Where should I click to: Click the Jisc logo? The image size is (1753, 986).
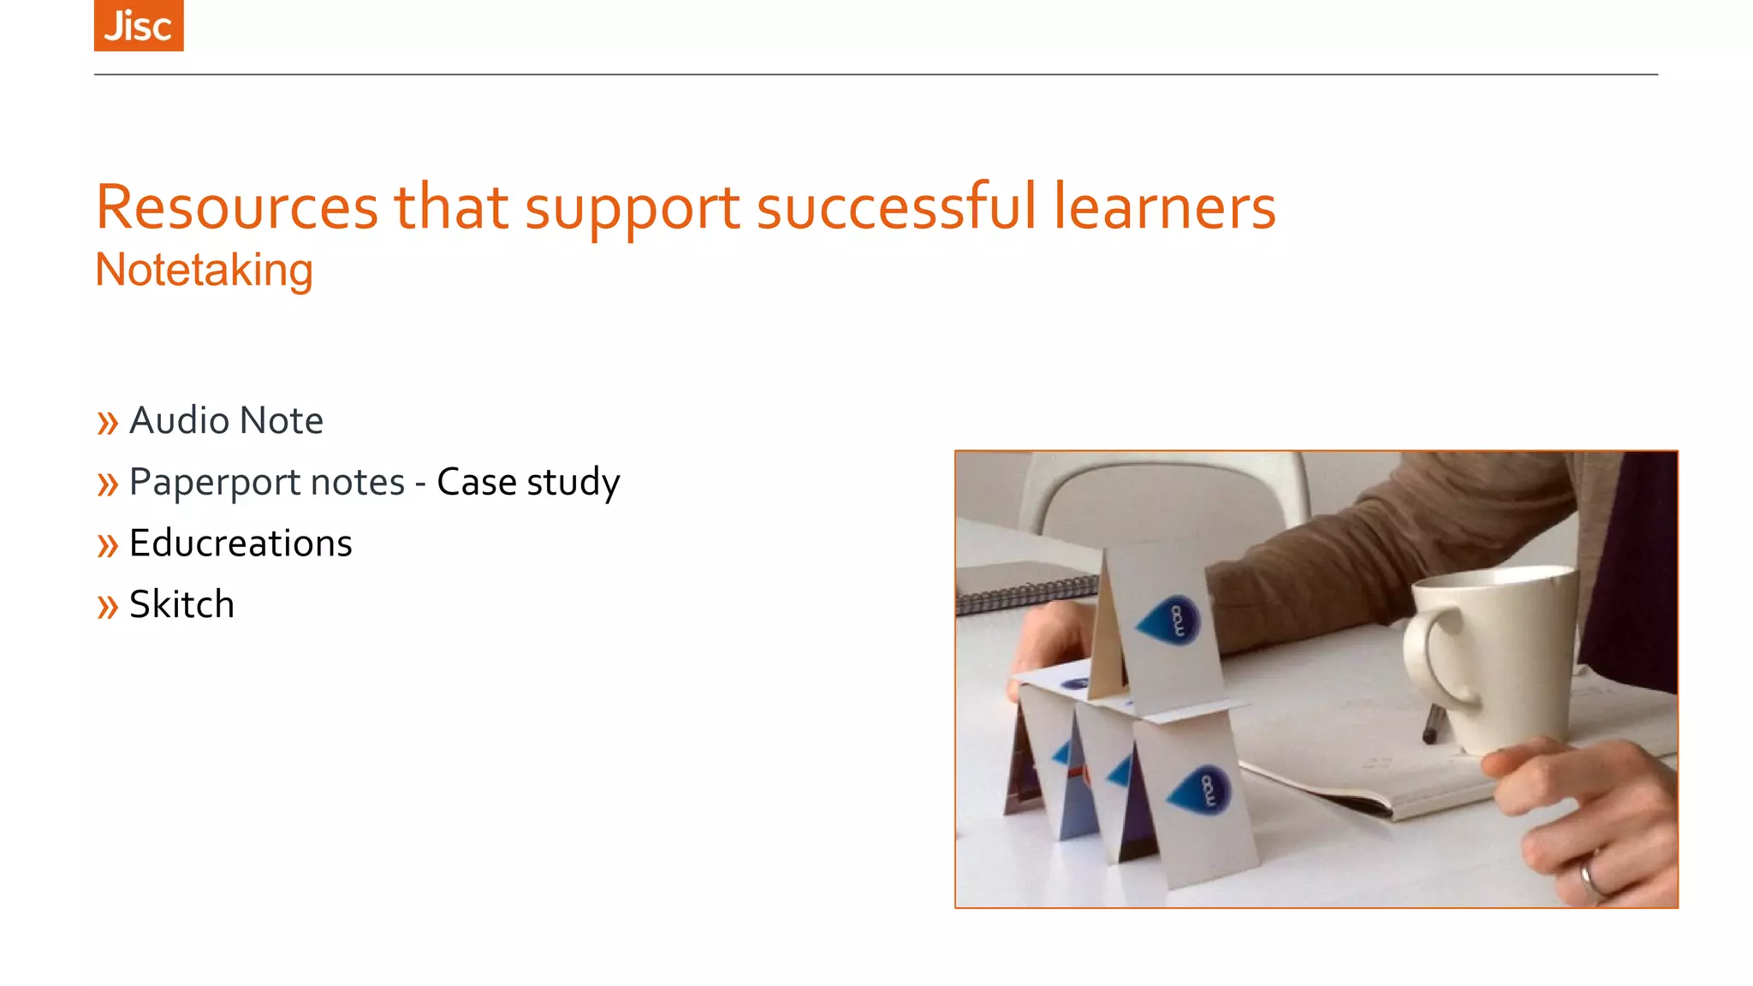pyautogui.click(x=139, y=26)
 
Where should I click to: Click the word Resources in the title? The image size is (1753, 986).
pyautogui.click(x=237, y=207)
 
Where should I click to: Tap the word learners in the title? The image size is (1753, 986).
pyautogui.click(x=1164, y=207)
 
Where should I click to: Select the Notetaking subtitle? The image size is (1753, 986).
pyautogui.click(x=204, y=270)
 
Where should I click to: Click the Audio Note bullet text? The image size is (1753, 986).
pyautogui.click(x=226, y=420)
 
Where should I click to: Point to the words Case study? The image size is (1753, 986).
pyautogui.click(x=528, y=482)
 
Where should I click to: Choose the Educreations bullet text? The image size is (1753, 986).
pyautogui.click(x=241, y=543)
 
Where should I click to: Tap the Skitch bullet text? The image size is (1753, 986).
pyautogui.click(x=181, y=605)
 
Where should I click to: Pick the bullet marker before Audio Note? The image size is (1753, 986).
pyautogui.click(x=107, y=423)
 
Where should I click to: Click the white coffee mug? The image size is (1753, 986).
pyautogui.click(x=1506, y=659)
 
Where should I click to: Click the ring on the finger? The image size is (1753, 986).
pyautogui.click(x=1590, y=877)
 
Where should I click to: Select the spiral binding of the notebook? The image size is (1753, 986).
pyautogui.click(x=1027, y=594)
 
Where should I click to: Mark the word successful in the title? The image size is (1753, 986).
pyautogui.click(x=896, y=207)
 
